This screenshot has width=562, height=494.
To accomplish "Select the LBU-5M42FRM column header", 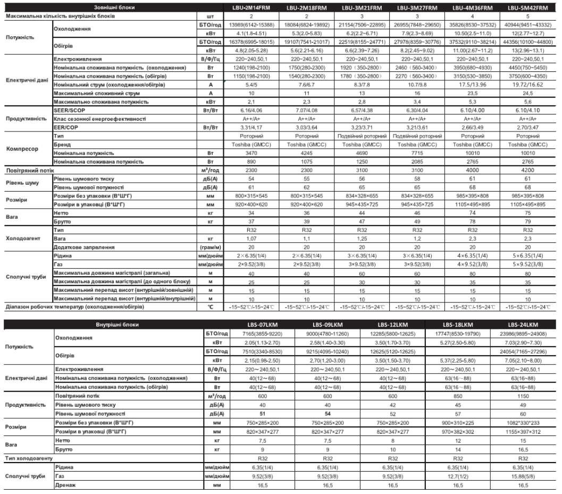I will [x=527, y=8].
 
